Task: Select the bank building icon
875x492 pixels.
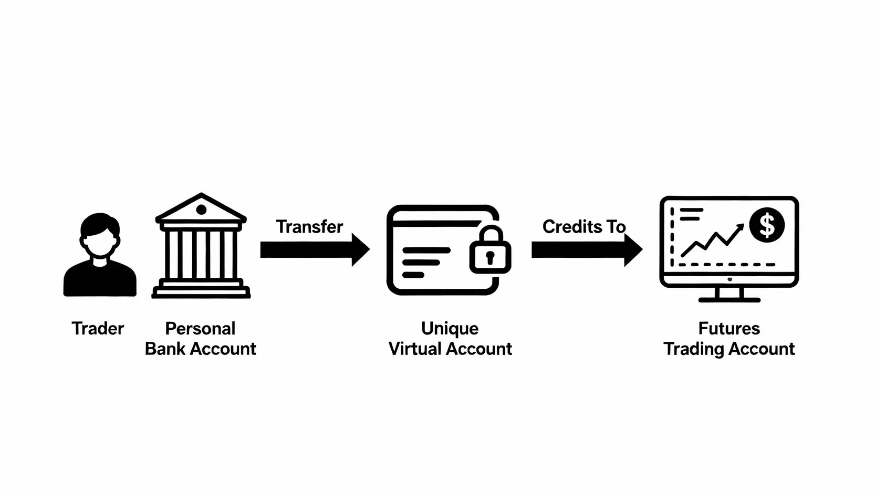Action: coord(201,247)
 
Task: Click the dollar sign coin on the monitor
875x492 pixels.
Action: coord(767,225)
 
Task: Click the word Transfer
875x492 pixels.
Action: coord(309,227)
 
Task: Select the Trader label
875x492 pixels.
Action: coord(98,329)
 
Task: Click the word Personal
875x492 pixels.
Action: coord(200,329)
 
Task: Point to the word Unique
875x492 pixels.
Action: coord(450,329)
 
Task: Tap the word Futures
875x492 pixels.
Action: coord(729,329)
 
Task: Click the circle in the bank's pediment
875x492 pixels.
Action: coord(201,210)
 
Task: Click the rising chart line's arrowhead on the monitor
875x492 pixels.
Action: coord(740,227)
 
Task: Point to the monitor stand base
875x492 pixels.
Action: coord(729,300)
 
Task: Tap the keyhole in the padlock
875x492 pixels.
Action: coord(490,257)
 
